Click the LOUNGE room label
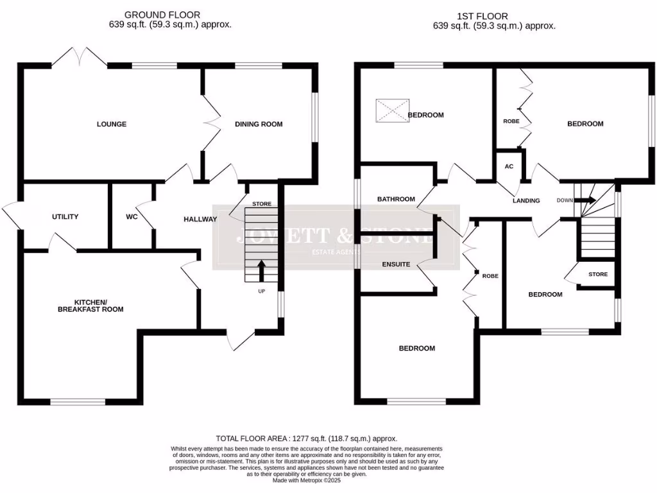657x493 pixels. (x=112, y=124)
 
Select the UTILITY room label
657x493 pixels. (x=65, y=217)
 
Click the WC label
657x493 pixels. (x=132, y=217)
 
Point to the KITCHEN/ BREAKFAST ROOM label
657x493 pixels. (x=98, y=306)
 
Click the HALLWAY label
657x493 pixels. (x=200, y=220)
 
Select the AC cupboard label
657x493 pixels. (x=509, y=166)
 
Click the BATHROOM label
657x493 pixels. (x=396, y=199)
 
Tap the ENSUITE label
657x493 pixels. (x=396, y=264)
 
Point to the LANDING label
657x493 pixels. (x=526, y=201)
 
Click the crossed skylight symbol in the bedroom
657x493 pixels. (x=392, y=110)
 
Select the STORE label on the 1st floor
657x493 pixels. (x=597, y=275)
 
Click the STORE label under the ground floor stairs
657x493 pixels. (x=261, y=204)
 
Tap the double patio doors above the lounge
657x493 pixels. (x=80, y=58)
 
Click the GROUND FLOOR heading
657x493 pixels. (x=162, y=15)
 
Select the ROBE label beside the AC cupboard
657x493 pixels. (x=511, y=121)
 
